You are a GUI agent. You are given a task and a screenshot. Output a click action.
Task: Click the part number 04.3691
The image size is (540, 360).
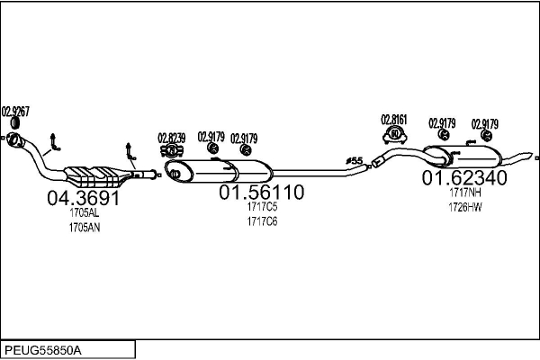[83, 199]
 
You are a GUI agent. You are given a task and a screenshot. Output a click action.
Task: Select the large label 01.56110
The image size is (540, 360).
[262, 193]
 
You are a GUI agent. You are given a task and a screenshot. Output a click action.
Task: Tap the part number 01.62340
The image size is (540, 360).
[464, 178]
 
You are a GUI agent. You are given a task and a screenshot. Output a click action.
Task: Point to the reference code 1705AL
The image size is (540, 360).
[84, 214]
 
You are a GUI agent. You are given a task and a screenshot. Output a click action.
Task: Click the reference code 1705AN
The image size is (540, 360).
[84, 228]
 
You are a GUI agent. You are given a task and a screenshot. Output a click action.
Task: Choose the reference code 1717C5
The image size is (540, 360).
[262, 208]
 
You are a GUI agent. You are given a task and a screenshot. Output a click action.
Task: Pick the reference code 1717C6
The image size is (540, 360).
[262, 221]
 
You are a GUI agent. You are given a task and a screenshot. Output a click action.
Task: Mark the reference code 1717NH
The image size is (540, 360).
[465, 193]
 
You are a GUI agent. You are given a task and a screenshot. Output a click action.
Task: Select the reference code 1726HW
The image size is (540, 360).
[465, 208]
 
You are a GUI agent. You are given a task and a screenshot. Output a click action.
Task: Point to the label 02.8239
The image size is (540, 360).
[171, 138]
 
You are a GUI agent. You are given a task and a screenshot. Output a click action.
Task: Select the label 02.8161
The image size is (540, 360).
[393, 119]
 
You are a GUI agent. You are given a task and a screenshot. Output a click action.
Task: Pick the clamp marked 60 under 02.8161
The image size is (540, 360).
[394, 134]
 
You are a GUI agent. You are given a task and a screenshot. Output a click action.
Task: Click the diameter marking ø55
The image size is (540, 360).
[355, 161]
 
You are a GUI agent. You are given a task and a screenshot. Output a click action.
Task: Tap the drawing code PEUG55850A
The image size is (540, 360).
[43, 349]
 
